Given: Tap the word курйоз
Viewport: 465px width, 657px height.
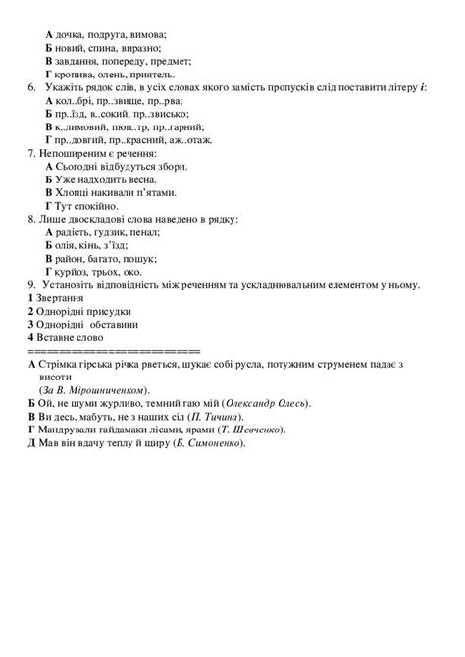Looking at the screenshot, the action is (x=76, y=273).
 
